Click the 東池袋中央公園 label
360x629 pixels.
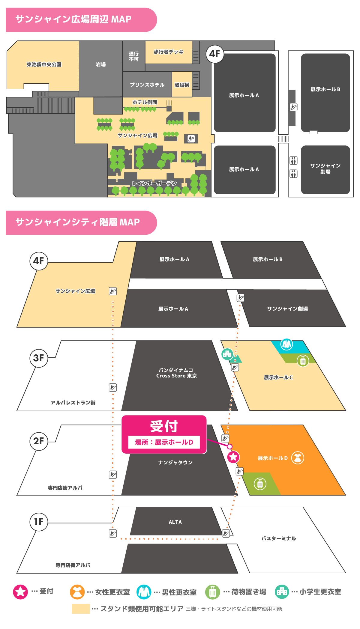tap(44, 64)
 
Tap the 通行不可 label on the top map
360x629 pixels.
tap(134, 56)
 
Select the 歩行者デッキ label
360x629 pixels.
tap(168, 52)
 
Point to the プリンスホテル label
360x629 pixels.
tap(147, 85)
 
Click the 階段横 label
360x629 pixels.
tap(182, 85)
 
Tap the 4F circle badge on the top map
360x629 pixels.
tap(215, 54)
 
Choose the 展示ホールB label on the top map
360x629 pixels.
tap(325, 89)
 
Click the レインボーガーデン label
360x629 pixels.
tap(154, 183)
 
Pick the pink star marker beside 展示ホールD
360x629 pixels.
tap(233, 457)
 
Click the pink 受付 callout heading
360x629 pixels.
tap(164, 426)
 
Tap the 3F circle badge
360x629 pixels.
tap(39, 358)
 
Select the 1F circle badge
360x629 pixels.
tap(39, 522)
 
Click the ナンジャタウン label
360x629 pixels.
tap(175, 463)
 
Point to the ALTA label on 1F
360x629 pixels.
tap(175, 522)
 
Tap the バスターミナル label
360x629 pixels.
tap(278, 538)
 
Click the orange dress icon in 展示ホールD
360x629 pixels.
tap(298, 458)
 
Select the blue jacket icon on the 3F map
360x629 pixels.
tap(286, 344)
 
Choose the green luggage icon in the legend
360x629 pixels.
tap(212, 592)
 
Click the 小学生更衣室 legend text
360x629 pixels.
tap(320, 592)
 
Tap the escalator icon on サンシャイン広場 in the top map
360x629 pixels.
tap(191, 139)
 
